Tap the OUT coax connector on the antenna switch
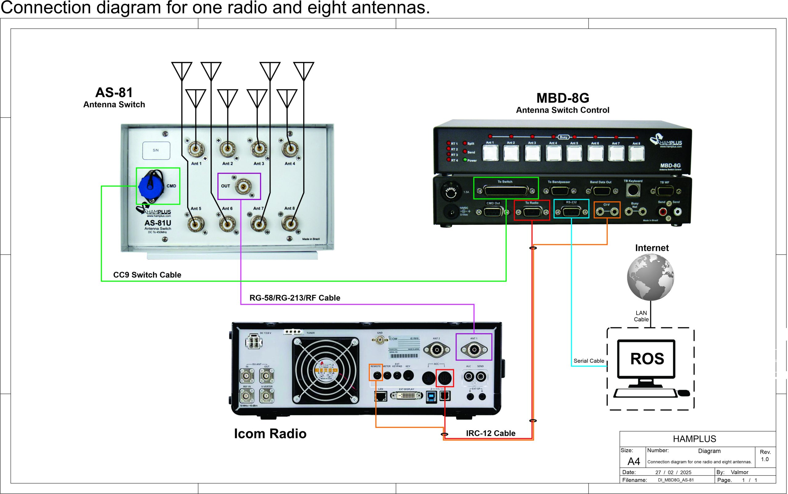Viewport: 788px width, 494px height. coord(243,187)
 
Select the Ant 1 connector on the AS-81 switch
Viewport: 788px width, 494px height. coord(196,149)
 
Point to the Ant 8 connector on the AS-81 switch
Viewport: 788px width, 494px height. coord(289,224)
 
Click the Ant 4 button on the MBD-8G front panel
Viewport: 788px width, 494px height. coord(553,154)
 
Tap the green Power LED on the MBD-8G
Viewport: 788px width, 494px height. coord(465,160)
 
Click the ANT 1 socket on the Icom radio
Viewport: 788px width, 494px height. coord(474,350)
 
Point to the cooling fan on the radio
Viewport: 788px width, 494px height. coord(325,370)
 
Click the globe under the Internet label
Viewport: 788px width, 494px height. coord(650,277)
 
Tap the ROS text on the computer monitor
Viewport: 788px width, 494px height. coord(647,359)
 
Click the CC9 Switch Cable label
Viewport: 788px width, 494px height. coord(147,275)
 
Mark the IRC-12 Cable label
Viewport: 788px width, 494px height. coord(490,433)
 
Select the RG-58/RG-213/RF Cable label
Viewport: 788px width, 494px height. coord(295,298)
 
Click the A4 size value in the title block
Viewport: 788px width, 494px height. coord(633,461)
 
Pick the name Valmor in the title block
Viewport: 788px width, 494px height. coord(739,472)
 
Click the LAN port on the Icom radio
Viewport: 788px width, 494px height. coord(380,396)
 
